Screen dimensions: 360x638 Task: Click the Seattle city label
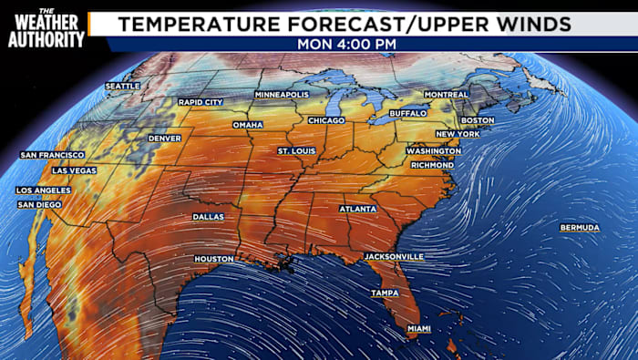122,87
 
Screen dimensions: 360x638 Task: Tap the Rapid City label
200,102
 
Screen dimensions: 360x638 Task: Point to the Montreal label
447,95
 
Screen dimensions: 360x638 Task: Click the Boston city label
478,120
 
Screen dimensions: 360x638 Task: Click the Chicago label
326,120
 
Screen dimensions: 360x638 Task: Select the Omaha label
247,125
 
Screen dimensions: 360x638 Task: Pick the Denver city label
164,139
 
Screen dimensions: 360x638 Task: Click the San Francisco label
52,156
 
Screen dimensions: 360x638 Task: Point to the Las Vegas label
74,170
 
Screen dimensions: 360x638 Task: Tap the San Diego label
39,205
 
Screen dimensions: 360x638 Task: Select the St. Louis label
296,150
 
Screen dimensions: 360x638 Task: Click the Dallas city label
208,217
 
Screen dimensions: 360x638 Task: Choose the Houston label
214,260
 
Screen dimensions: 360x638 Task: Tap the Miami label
418,328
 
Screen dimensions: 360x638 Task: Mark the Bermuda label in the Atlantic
580,227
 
